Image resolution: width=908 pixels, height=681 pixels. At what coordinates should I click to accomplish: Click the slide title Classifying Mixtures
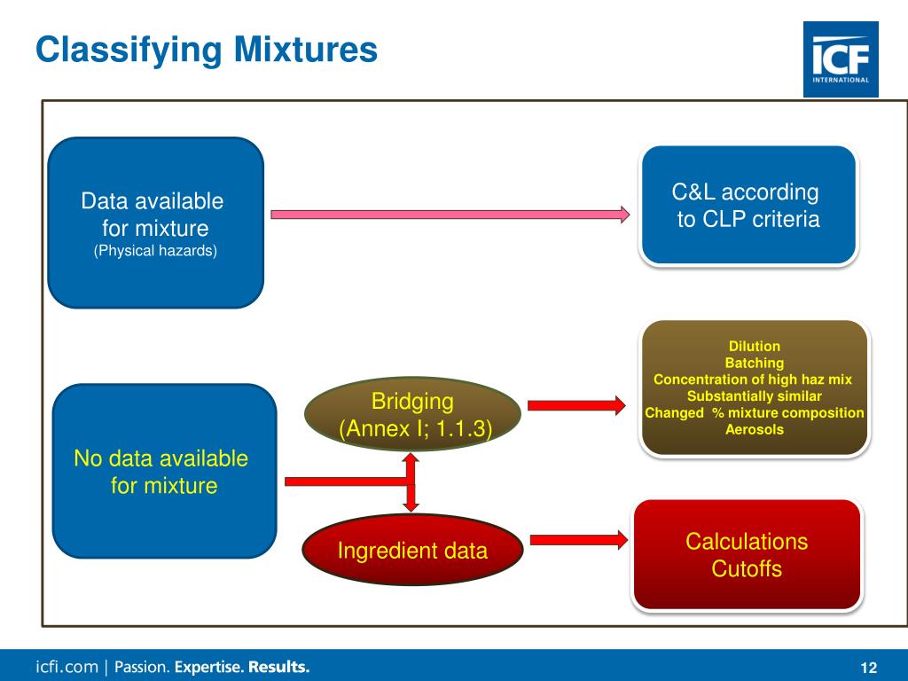point(206,49)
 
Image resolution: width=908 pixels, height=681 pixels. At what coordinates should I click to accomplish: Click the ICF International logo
point(841,59)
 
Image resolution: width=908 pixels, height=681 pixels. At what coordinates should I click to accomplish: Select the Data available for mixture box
point(155,222)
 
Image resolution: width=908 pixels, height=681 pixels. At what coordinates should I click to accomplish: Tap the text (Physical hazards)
point(155,251)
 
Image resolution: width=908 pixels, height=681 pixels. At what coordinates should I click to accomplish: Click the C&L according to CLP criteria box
point(748,206)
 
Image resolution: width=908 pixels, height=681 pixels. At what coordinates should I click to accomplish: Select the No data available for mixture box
point(164,471)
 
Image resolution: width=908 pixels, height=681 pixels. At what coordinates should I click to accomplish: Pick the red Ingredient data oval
point(412,551)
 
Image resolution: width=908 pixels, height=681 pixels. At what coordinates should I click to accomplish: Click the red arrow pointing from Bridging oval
point(576,405)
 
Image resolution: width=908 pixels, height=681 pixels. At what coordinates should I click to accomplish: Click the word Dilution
point(754,347)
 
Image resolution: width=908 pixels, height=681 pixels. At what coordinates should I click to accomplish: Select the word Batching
point(754,363)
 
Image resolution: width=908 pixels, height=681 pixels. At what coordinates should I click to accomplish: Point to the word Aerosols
point(754,430)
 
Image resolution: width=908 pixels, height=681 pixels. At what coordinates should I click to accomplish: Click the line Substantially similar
point(754,396)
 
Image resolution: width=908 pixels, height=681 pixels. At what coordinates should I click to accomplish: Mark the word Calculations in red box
point(747,541)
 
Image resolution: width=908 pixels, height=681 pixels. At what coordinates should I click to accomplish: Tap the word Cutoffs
point(747,568)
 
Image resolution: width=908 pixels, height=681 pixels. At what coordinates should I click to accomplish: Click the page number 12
point(868,668)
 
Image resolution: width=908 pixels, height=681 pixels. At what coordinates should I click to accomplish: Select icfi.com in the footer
point(67,667)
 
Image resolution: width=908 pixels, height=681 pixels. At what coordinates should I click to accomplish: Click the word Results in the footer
point(279,667)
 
